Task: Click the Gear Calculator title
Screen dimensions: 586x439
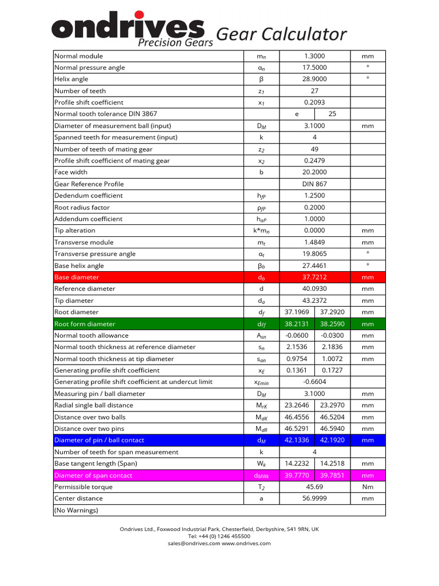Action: coord(281,34)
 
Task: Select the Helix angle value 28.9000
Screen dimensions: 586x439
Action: coord(315,79)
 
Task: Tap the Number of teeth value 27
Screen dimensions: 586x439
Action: coord(315,91)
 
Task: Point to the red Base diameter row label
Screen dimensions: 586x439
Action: coord(77,277)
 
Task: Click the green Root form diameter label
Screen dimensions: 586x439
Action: coord(85,324)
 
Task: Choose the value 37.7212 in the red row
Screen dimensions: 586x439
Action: coord(315,277)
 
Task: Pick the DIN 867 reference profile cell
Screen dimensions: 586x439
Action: coord(315,184)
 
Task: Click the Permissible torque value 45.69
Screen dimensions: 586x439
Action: coord(315,487)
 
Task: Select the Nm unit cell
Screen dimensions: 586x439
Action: coord(368,487)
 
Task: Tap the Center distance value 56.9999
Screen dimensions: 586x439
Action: coord(315,498)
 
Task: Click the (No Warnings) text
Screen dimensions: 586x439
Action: coord(76,510)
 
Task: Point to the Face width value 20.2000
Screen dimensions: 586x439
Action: coord(315,172)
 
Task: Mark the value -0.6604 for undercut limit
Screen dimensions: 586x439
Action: coord(315,382)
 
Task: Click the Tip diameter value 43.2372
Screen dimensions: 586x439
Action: coord(315,300)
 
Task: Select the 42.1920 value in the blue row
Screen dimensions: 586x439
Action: coord(332,440)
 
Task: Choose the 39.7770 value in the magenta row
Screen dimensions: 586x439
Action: coord(297,476)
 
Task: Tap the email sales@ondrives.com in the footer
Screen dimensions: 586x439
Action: coord(194,544)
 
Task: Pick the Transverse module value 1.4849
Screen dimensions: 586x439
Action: coord(315,243)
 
